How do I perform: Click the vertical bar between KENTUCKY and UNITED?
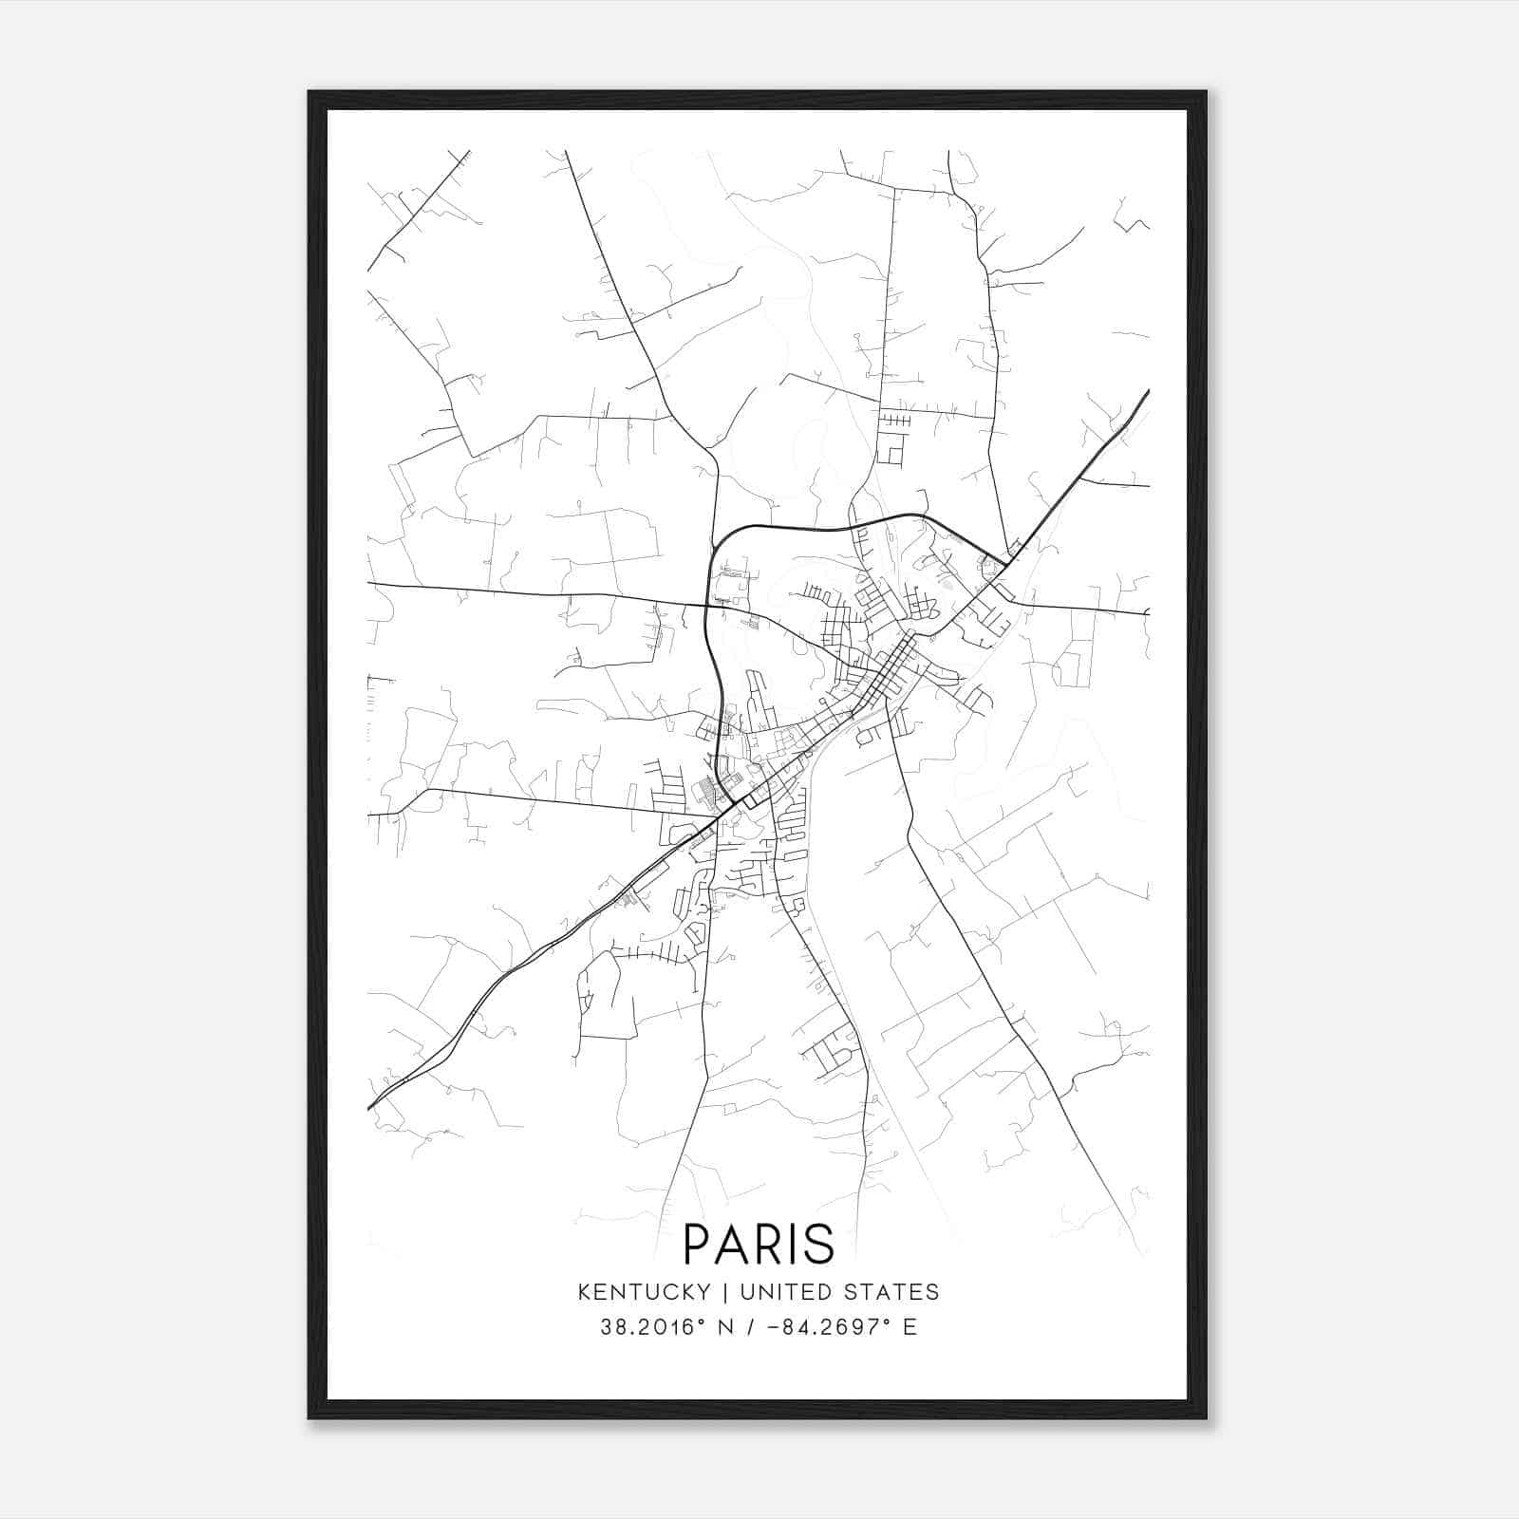(725, 1291)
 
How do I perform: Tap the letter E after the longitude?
(910, 1327)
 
